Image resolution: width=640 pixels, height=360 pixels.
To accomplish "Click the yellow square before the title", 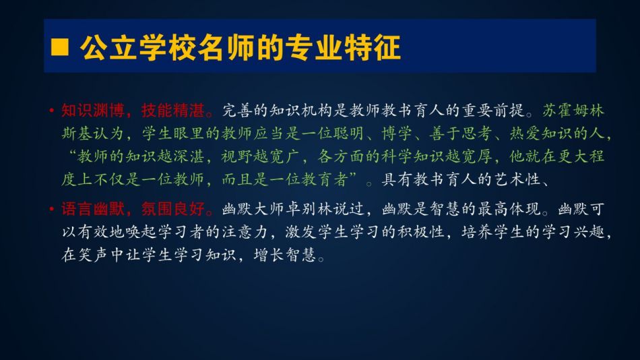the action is [x=59, y=47].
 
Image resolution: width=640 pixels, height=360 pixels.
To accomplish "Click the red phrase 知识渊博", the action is [x=93, y=111].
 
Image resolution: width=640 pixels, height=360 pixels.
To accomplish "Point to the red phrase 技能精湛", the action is [x=172, y=111].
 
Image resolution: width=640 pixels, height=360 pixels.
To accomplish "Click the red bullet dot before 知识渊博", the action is [x=51, y=111].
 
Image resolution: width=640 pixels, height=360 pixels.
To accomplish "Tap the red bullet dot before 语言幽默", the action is [x=51, y=209].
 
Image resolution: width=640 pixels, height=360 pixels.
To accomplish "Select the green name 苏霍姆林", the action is [x=573, y=111].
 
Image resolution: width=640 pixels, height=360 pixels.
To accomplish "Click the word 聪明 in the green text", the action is [x=349, y=133].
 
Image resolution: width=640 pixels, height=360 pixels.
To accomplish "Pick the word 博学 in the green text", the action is [x=397, y=133].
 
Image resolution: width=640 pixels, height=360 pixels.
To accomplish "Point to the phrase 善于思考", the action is [x=461, y=133].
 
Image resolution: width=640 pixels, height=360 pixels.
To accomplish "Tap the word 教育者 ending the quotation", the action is [x=325, y=179].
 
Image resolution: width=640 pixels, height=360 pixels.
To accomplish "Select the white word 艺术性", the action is [x=517, y=179].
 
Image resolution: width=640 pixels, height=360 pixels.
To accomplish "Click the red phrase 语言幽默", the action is [x=93, y=209].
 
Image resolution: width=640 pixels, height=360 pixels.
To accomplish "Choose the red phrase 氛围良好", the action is [x=172, y=209].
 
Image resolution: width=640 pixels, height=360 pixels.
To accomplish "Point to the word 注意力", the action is [x=245, y=232].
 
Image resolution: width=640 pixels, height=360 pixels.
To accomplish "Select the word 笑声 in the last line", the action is [x=93, y=255].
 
